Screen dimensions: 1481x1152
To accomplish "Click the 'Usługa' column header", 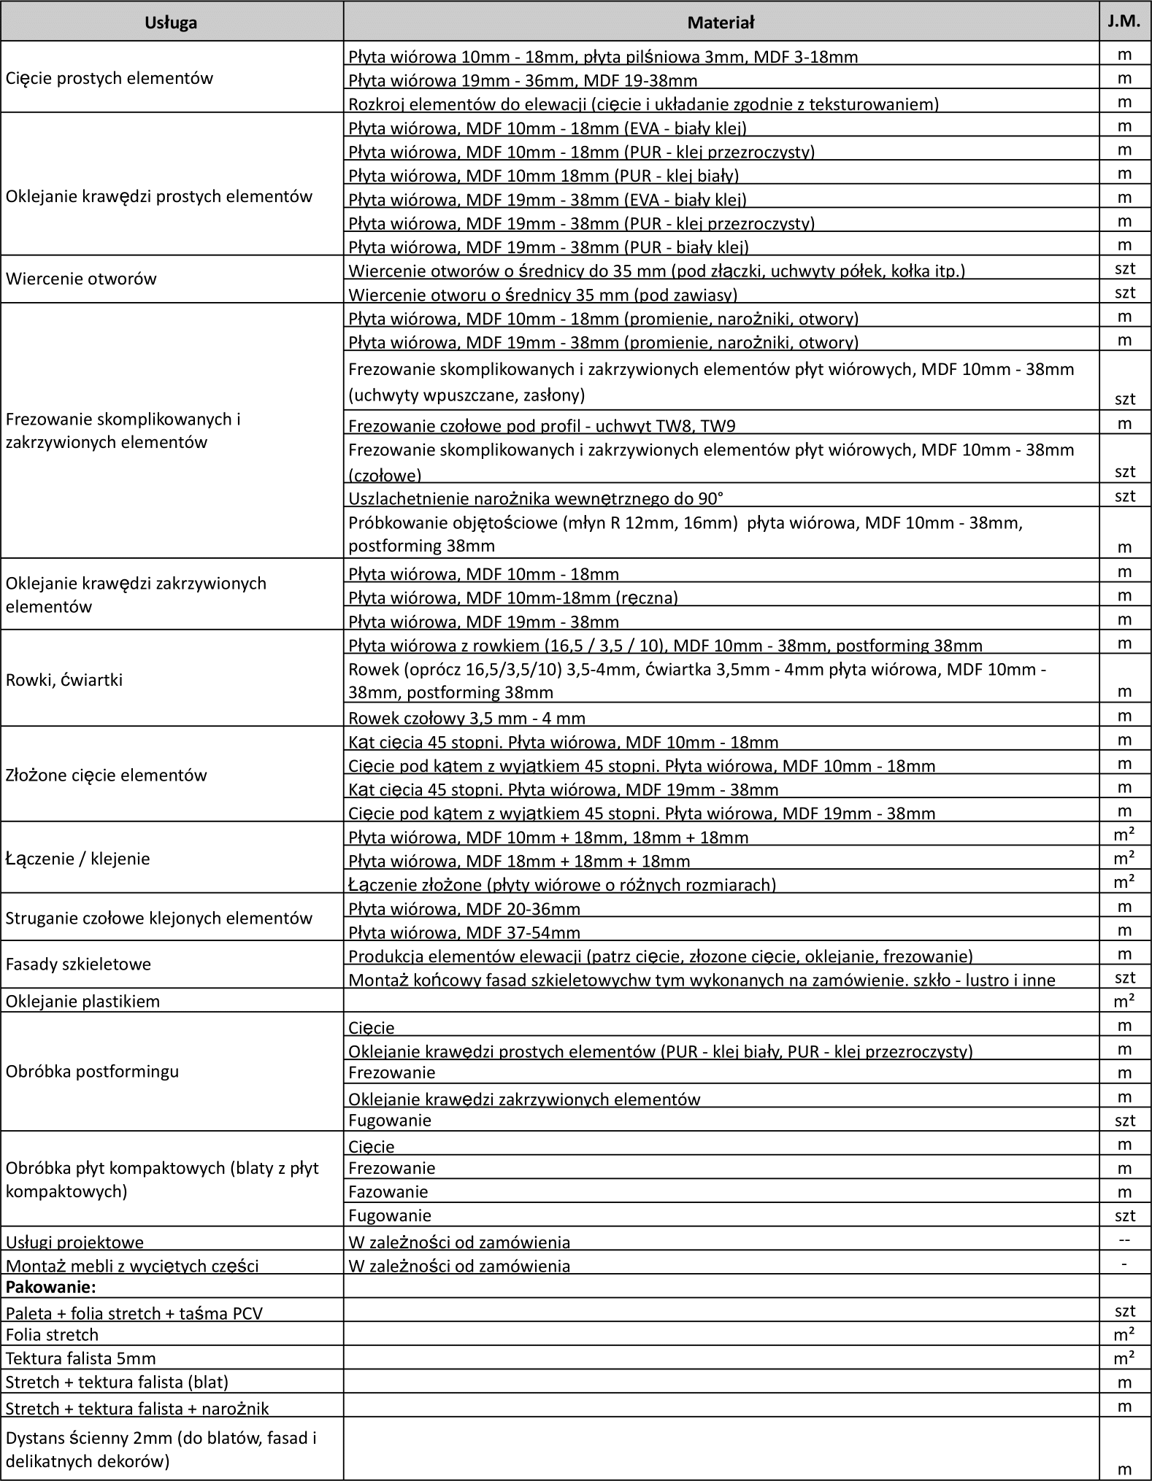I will coord(171,23).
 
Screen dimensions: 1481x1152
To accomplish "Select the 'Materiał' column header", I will coord(721,23).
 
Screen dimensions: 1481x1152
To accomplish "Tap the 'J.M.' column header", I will coord(1124,21).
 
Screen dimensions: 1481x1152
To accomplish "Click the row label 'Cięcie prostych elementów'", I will coord(110,79).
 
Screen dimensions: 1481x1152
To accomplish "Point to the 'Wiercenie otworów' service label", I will coord(81,279).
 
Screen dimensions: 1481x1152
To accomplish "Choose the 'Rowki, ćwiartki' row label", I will coord(64,680).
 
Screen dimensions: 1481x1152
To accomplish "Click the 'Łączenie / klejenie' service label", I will coord(78,859).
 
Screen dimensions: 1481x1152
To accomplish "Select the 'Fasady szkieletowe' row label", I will coord(78,964).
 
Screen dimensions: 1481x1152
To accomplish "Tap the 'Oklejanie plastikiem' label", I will coord(82,1001).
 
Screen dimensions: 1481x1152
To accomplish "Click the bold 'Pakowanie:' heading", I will coord(51,1286).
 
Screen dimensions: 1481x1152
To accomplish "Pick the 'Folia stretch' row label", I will coord(52,1334).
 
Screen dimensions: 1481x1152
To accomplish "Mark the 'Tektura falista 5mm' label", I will coord(81,1358).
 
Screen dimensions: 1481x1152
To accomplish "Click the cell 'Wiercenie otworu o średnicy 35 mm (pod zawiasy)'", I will coord(543,295).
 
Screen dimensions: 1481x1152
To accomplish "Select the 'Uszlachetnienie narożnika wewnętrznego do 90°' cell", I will coord(536,498).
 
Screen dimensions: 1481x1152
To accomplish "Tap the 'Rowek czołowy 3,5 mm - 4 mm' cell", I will coord(467,717).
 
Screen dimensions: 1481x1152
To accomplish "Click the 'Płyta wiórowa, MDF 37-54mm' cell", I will coord(464,932).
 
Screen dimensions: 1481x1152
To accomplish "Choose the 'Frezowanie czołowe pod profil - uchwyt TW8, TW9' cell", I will coord(547,425).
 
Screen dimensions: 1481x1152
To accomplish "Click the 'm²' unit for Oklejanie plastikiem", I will coord(1124,1001).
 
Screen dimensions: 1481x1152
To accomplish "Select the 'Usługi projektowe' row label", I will coord(74,1242).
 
